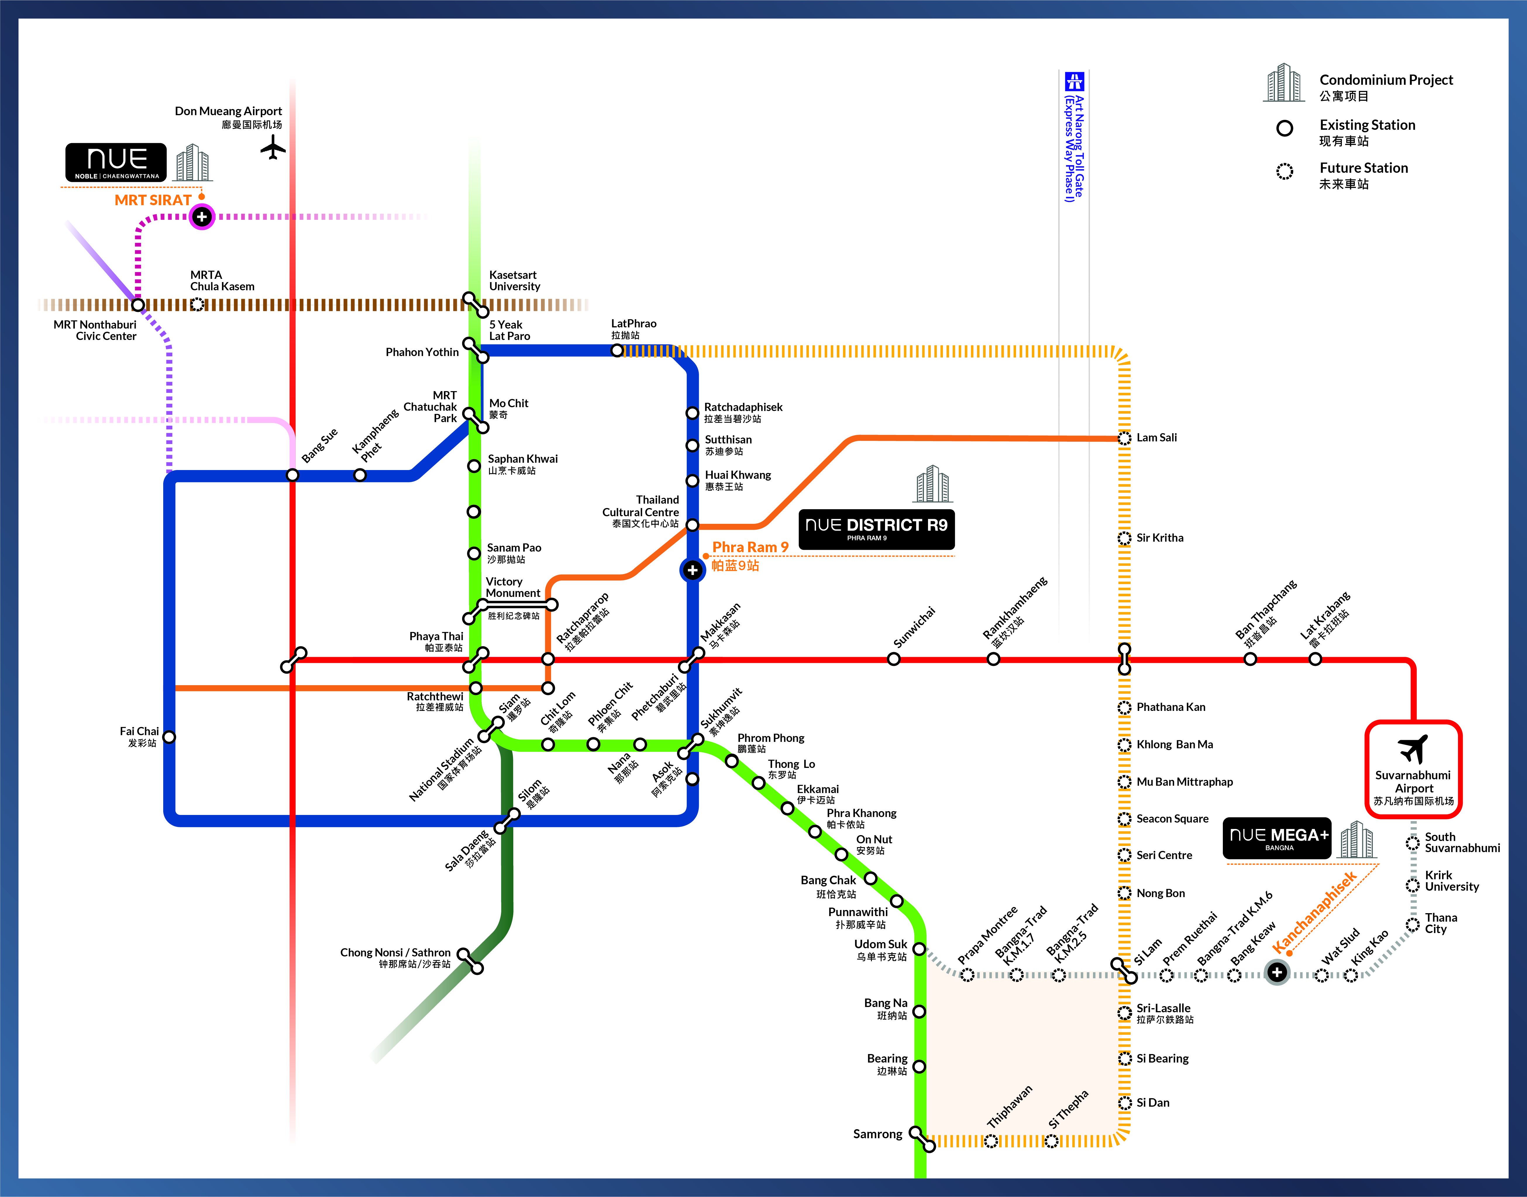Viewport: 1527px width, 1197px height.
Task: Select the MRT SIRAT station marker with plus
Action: point(202,217)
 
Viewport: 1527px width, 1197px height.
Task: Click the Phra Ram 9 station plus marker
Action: point(692,570)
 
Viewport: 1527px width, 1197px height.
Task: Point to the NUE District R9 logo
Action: point(876,529)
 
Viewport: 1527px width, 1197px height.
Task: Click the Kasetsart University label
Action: point(515,280)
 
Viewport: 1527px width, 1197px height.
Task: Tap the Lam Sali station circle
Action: point(1124,438)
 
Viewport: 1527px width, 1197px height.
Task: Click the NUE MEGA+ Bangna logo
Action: point(1277,838)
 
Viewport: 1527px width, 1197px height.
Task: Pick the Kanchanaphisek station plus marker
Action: point(1277,972)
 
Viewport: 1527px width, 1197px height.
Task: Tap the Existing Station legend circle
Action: point(1285,128)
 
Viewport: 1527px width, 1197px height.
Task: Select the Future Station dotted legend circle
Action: point(1285,171)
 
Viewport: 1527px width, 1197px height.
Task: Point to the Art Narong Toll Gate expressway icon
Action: point(1074,81)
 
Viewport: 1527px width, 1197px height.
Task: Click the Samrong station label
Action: point(877,1134)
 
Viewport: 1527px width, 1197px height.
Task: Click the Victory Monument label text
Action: point(512,587)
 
